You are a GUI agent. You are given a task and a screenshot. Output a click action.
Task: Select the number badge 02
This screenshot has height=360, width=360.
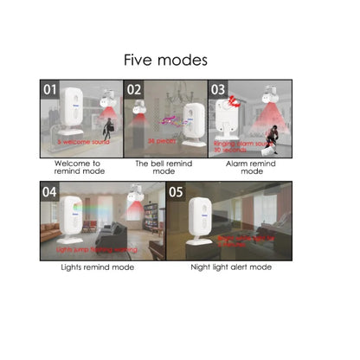tap(135, 89)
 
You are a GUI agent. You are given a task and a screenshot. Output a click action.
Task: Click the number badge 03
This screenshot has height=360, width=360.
tap(218, 89)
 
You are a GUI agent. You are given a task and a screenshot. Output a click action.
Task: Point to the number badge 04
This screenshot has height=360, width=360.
tap(49, 192)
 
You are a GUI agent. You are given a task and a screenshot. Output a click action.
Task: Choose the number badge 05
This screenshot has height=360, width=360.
tap(177, 192)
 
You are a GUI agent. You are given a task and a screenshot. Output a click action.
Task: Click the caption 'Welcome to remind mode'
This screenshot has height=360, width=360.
tap(77, 167)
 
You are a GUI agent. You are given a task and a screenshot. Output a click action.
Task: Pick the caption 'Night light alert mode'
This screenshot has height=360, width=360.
tap(230, 267)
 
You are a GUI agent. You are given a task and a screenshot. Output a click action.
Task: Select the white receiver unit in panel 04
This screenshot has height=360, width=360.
tap(71, 221)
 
